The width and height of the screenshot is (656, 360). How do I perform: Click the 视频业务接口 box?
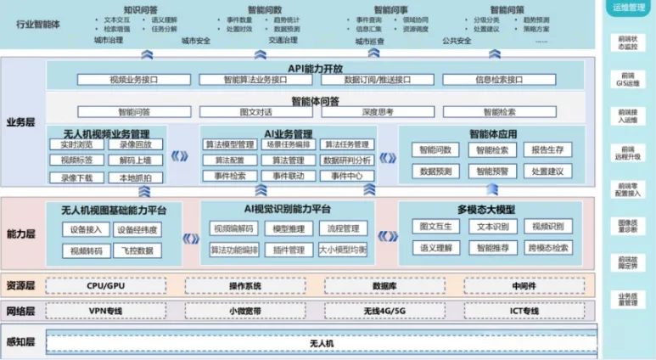135,80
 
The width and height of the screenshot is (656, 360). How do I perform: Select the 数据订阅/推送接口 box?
378,80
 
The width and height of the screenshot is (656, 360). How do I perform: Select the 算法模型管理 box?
229,145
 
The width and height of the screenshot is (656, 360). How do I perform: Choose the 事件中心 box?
346,176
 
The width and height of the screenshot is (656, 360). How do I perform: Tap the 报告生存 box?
547,149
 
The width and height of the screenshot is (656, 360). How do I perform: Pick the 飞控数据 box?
136,250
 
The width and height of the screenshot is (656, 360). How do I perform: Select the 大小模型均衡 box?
343,250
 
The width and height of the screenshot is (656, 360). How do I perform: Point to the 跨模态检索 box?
547,248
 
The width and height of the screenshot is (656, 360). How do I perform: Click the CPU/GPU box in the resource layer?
106,286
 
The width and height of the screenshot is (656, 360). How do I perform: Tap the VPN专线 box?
106,311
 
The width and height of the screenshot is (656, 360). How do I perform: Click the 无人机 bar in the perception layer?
322,343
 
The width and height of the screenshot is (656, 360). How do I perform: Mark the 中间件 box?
523,286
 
